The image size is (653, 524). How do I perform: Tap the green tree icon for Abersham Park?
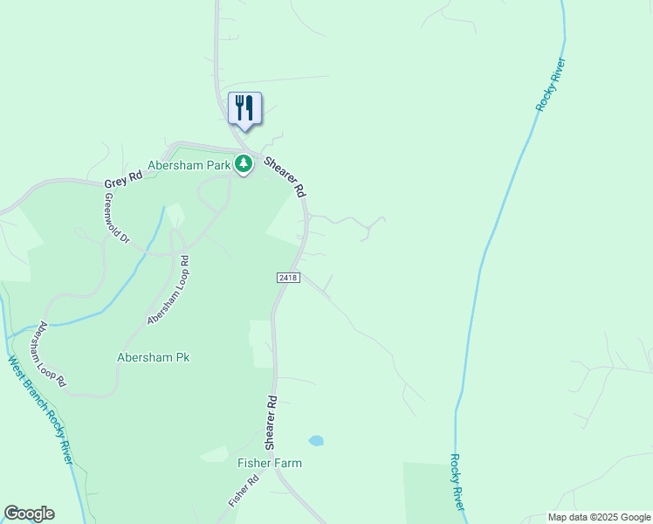244,164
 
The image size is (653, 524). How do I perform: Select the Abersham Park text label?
189,164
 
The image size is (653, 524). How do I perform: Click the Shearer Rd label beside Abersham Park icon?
285,176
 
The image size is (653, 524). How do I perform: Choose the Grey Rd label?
122,179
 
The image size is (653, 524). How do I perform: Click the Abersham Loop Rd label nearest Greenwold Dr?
168,290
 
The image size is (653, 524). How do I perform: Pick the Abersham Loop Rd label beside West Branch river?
50,354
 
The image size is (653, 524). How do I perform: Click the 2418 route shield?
288,278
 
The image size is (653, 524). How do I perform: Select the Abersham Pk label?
154,357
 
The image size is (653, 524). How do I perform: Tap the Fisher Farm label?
270,463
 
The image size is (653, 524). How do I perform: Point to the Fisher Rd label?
244,491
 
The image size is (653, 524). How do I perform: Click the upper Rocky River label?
552,84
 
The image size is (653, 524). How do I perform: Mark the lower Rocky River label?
457,483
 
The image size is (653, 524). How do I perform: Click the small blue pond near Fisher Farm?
316,441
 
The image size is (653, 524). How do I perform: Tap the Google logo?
29,514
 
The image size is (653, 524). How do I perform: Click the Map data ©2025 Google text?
598,517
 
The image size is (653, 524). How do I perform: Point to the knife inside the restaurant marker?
250,107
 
